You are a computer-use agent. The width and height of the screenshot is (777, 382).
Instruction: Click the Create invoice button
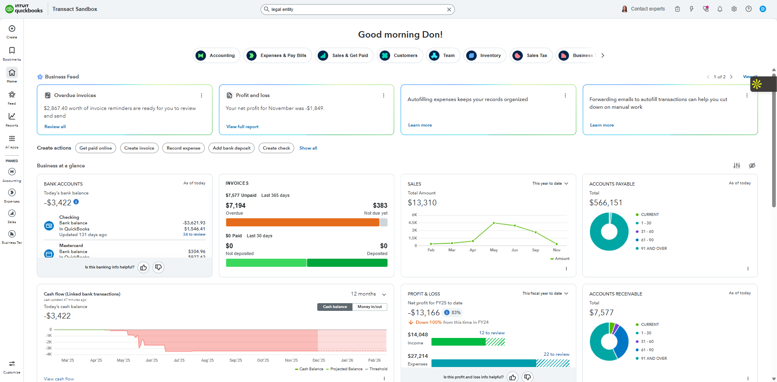[x=139, y=148]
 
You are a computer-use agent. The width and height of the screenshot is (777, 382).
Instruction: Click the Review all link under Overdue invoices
[x=55, y=127]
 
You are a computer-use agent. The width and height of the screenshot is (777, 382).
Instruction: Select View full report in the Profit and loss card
[x=242, y=127]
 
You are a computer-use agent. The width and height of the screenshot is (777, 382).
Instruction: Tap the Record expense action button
[x=183, y=148]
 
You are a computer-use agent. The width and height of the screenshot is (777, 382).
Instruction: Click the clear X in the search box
[x=449, y=9]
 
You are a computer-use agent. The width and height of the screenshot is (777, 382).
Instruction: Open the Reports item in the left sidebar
[x=12, y=119]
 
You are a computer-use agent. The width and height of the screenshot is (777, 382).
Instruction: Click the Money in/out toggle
[x=369, y=307]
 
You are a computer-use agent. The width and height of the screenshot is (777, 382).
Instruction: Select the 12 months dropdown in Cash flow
[x=368, y=294]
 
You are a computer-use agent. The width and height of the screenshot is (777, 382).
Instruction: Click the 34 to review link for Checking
[x=194, y=234]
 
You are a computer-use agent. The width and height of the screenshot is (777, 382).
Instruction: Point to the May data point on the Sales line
[x=494, y=223]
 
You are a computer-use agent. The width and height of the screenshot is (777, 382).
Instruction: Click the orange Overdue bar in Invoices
[x=302, y=222]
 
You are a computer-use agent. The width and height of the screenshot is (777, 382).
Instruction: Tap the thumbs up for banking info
[x=143, y=267]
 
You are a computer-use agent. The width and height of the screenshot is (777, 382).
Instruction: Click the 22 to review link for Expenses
[x=556, y=354]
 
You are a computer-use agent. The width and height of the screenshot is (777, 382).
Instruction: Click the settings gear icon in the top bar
[x=734, y=9]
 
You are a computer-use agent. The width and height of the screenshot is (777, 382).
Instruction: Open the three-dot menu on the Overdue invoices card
[x=202, y=95]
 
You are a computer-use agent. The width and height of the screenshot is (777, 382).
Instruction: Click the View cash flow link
[x=59, y=379]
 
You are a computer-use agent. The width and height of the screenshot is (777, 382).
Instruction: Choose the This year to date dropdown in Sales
[x=550, y=184]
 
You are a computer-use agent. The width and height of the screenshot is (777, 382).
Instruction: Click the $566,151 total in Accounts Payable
[x=605, y=203]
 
